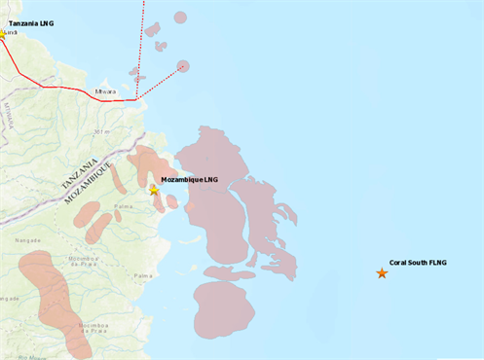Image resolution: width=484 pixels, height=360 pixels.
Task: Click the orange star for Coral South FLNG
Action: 382,273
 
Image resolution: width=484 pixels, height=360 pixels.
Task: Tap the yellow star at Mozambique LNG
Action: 154,190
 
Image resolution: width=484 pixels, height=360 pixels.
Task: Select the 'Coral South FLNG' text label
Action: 417,263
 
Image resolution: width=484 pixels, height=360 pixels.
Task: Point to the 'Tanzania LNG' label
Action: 30,21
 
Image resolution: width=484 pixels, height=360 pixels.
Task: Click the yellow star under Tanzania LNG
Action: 2,34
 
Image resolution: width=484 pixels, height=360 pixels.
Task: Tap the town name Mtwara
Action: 106,92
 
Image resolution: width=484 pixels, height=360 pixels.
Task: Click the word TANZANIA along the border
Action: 80,172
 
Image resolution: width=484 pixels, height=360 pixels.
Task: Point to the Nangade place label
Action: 27,238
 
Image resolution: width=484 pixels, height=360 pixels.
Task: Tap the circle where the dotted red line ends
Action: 183,66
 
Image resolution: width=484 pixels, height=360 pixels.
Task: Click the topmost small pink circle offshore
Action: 180,17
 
